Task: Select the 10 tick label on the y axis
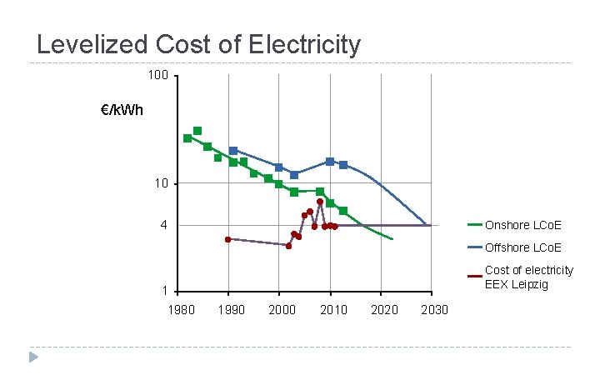coord(161,183)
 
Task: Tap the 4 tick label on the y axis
coord(164,225)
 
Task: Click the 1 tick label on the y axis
coord(164,291)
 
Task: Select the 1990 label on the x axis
coord(231,310)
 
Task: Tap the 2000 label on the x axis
coord(282,310)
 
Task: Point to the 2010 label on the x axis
coord(332,310)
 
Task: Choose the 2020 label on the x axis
coord(382,310)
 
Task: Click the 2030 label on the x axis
coord(433,310)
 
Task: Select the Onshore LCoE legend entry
coord(522,225)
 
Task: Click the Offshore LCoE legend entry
coord(522,247)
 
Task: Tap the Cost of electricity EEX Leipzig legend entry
coord(528,277)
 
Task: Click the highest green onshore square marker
coord(197,131)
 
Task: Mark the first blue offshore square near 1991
coord(233,151)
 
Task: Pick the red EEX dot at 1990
coord(227,239)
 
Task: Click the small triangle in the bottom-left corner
coord(33,357)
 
